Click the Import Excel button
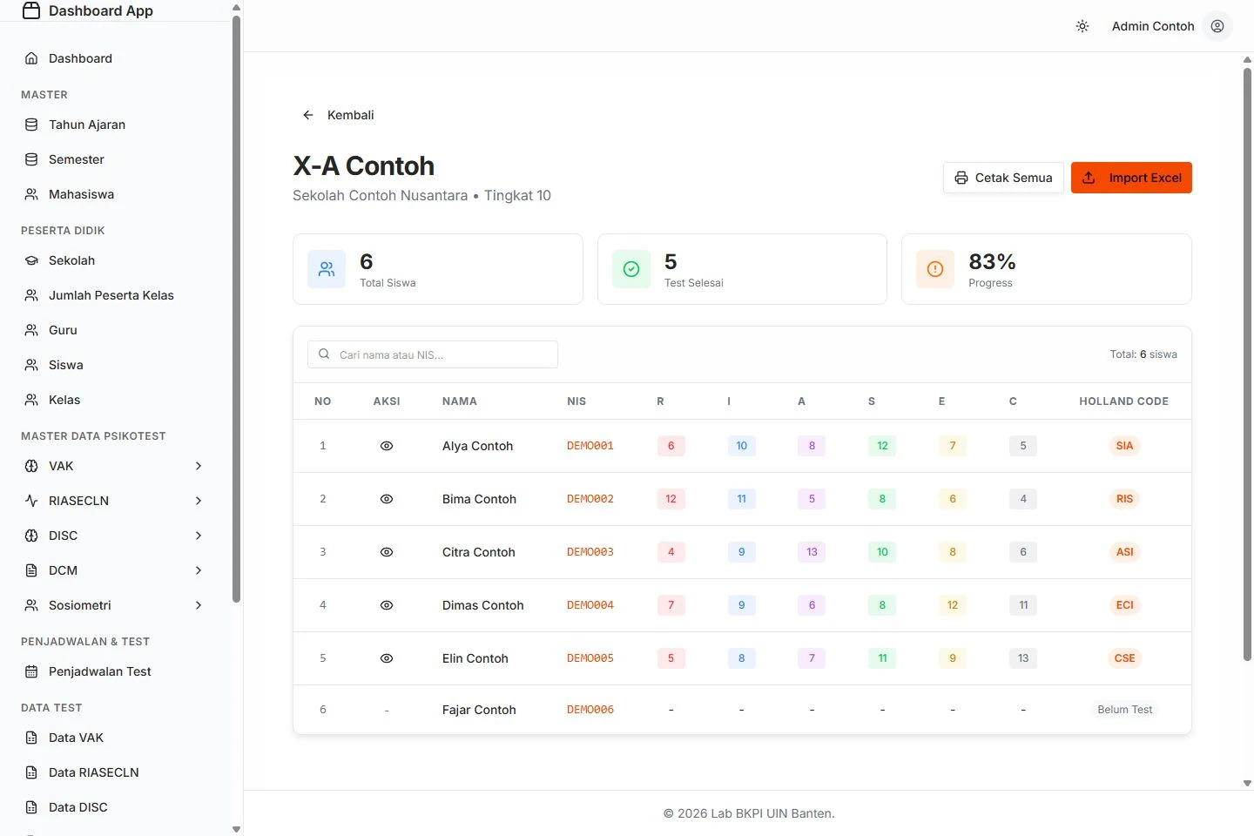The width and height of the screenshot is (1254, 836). tap(1131, 178)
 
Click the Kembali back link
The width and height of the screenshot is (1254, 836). tap(338, 115)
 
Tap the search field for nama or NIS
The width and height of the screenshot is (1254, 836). tap(432, 354)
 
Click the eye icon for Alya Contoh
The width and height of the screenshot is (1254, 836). tap(387, 446)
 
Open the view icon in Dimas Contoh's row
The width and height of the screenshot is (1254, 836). tap(387, 604)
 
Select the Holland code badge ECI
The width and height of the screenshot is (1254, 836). tap(1124, 604)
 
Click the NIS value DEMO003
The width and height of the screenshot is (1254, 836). tap(590, 551)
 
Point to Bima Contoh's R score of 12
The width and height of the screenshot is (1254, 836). tap(671, 498)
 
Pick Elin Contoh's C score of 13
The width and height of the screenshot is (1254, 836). tap(1022, 658)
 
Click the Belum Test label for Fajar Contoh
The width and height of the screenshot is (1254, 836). tap(1124, 710)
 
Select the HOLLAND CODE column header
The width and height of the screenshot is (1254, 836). tap(1123, 401)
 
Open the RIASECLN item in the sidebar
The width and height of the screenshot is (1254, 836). tap(78, 501)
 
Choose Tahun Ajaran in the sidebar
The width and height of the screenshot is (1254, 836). tap(87, 125)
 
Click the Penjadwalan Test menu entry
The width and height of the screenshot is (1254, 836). tap(99, 671)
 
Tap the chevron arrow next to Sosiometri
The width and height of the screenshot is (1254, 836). tap(199, 605)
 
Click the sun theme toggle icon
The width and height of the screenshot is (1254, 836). tap(1082, 26)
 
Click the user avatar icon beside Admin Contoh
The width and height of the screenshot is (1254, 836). tap(1217, 26)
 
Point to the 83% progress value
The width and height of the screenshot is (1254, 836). tap(992, 261)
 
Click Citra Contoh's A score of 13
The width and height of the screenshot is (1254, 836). tap(812, 551)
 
